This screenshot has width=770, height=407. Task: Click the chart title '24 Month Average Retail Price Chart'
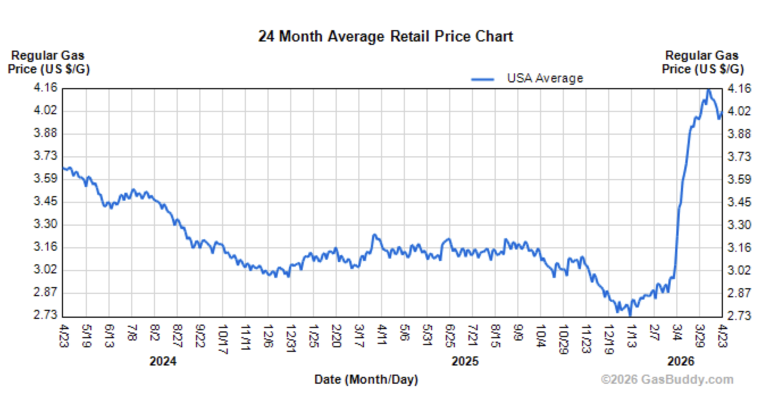coord(386,37)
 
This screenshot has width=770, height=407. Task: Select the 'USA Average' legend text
coord(545,78)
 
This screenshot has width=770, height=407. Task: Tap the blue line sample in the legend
coord(483,79)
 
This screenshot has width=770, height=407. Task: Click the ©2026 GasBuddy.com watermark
coord(667,380)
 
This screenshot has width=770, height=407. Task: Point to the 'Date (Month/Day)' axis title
coord(366,380)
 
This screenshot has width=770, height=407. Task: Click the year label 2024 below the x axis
coord(163,362)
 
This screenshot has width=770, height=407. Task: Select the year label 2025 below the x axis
coord(464,362)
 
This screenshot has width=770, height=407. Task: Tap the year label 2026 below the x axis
coord(680,362)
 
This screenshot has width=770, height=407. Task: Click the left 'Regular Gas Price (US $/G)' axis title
coord(48,63)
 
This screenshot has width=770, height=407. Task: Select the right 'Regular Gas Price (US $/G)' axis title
coord(702,63)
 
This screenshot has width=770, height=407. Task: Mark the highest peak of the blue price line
coord(708,90)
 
